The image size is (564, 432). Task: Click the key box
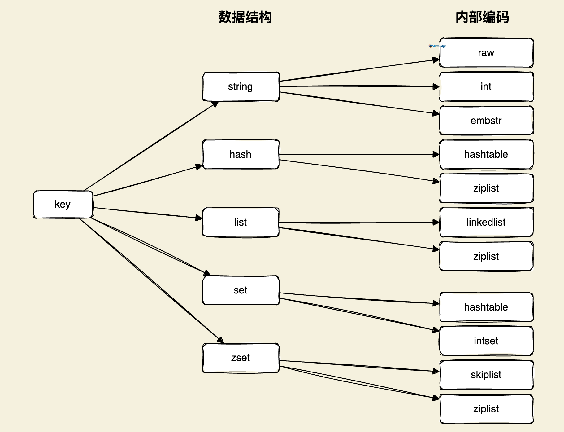point(63,204)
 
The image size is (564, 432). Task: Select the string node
point(241,86)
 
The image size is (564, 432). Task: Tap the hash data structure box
point(241,154)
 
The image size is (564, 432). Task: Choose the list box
point(241,222)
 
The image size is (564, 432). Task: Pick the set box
point(241,290)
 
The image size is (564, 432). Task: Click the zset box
point(241,358)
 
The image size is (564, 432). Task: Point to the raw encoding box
point(486,53)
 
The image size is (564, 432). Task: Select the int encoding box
point(486,86)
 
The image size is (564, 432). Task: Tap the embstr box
point(486,121)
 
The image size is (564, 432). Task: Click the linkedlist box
point(486,222)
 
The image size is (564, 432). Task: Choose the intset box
point(486,341)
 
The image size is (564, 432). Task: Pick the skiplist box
point(486,375)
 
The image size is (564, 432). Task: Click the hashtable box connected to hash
point(486,154)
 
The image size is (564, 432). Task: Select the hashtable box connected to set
point(486,307)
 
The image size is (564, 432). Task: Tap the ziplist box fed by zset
point(486,409)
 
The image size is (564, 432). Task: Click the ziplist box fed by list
point(486,256)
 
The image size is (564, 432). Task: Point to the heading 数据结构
point(245,17)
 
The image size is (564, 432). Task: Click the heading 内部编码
point(482,17)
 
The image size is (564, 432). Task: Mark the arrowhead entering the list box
point(199,218)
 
